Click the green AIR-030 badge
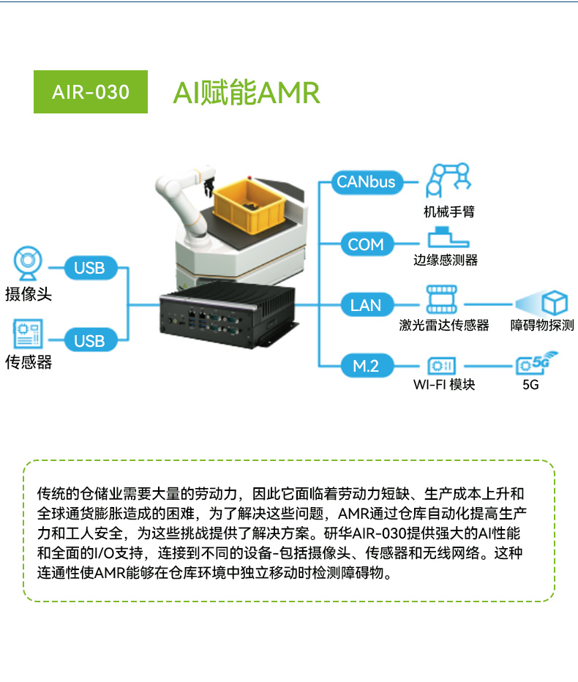tap(91, 92)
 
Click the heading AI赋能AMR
tap(247, 94)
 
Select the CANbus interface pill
tap(366, 181)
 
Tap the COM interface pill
tap(366, 244)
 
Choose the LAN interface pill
tap(366, 304)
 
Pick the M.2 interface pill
tap(366, 364)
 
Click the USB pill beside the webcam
tap(89, 268)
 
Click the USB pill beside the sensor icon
tap(89, 340)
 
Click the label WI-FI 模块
tap(443, 384)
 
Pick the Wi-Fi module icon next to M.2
tap(442, 364)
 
